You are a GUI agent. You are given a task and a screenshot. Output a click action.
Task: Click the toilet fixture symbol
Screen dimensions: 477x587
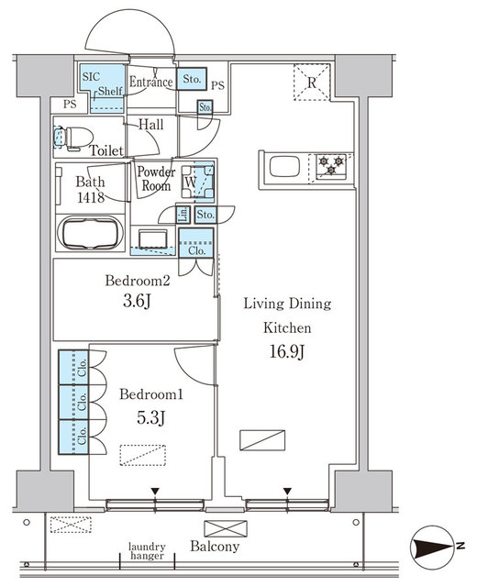pyautogui.click(x=74, y=138)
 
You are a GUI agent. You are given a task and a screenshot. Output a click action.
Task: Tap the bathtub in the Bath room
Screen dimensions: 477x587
pyautogui.click(x=90, y=232)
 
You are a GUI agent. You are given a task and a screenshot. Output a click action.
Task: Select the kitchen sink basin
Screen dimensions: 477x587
pyautogui.click(x=284, y=167)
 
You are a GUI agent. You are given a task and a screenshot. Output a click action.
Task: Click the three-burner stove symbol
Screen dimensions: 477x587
pyautogui.click(x=331, y=166)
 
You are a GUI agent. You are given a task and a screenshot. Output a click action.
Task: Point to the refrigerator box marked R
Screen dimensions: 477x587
pyautogui.click(x=312, y=83)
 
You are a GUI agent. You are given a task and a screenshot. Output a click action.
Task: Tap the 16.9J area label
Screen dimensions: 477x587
pyautogui.click(x=287, y=351)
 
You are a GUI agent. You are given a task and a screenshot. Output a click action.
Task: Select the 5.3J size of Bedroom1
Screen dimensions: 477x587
pyautogui.click(x=150, y=417)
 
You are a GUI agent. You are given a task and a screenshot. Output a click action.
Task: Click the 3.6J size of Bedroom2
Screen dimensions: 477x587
pyautogui.click(x=137, y=301)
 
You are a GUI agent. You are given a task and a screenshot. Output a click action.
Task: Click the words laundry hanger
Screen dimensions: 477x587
pyautogui.click(x=147, y=551)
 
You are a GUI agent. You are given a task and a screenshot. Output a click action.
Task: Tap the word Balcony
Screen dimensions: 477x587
pyautogui.click(x=215, y=547)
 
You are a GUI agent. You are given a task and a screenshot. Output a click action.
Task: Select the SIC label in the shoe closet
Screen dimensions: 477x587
pyautogui.click(x=92, y=77)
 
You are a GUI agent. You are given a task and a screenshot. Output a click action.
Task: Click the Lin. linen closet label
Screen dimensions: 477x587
pyautogui.click(x=183, y=215)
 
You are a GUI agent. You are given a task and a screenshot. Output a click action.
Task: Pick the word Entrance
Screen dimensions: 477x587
pyautogui.click(x=150, y=82)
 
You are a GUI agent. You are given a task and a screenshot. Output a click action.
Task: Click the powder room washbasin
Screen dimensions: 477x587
pyautogui.click(x=153, y=238)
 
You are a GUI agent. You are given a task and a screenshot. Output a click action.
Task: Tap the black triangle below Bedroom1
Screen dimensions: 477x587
pyautogui.click(x=155, y=491)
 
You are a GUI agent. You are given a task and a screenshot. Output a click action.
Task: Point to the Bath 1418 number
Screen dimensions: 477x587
pyautogui.click(x=91, y=197)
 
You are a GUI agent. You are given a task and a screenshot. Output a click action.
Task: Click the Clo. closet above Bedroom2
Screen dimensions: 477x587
pyautogui.click(x=196, y=243)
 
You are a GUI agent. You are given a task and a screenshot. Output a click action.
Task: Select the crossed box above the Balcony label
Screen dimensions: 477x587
pyautogui.click(x=226, y=528)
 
